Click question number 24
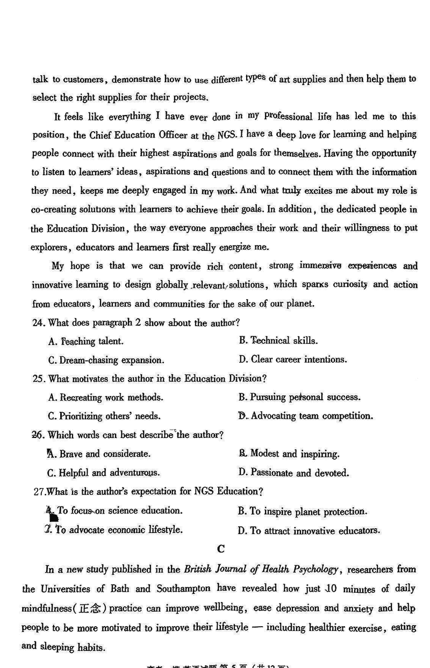[x=39, y=323]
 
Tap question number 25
[x=39, y=378]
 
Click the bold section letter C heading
[x=220, y=549]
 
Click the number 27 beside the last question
[x=39, y=491]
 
